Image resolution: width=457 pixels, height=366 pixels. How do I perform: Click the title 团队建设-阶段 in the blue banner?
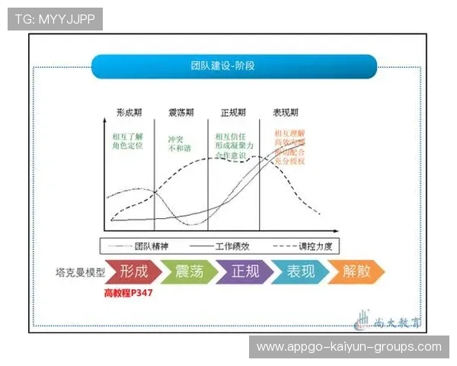tap(222, 66)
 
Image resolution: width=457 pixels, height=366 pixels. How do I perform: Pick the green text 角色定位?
tap(127, 145)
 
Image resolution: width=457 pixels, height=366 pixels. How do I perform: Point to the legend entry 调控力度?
tap(313, 246)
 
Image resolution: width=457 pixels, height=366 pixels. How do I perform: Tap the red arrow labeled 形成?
tap(135, 271)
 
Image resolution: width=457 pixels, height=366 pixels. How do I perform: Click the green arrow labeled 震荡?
tap(190, 271)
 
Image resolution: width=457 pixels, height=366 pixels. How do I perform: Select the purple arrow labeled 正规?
tap(245, 271)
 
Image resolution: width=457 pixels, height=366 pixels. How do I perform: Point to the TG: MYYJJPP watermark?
tap(55, 19)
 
